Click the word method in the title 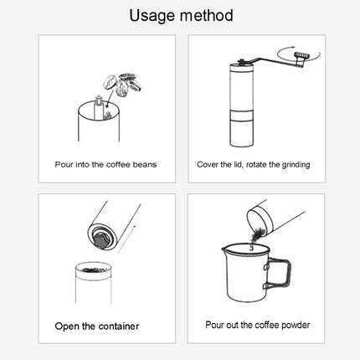pos(205,16)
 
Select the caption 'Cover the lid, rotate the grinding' pos(254,165)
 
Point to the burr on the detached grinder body pos(100,239)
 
